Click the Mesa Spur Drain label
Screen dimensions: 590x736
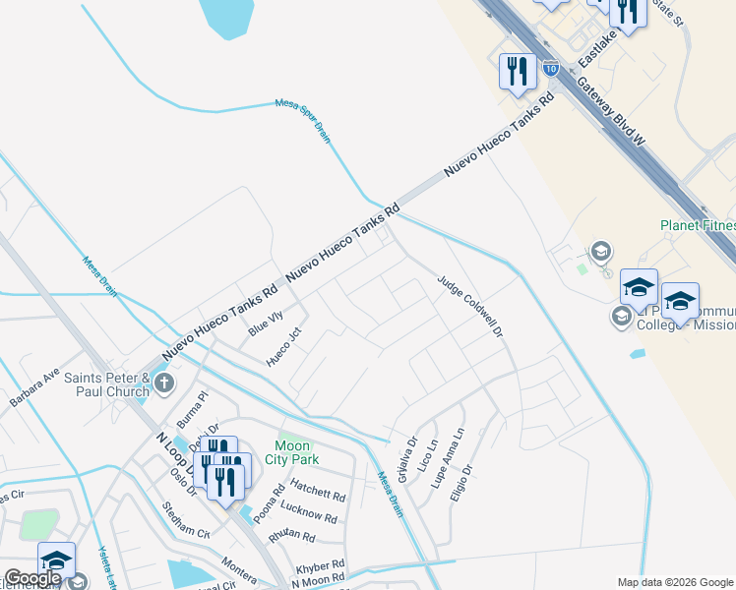coord(303,121)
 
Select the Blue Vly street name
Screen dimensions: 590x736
coord(266,323)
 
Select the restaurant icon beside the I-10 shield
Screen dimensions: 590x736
coord(516,70)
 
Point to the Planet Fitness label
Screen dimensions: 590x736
coord(698,225)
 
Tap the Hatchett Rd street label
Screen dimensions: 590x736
coord(318,490)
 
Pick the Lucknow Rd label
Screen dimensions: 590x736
coord(308,513)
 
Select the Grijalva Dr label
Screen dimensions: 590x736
coord(406,459)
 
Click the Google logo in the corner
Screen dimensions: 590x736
coord(32,578)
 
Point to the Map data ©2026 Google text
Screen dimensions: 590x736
coord(674,582)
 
